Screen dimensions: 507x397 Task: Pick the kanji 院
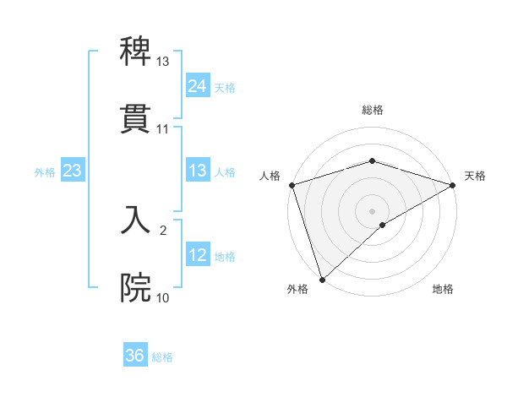(136, 288)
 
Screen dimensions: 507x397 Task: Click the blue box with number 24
(198, 86)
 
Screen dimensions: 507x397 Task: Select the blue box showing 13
(198, 171)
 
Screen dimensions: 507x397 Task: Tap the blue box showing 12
(198, 255)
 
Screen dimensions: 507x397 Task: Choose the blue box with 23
(73, 171)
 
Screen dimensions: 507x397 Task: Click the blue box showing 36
(135, 356)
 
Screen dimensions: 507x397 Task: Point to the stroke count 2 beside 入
(163, 230)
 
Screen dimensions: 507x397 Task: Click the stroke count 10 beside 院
(163, 297)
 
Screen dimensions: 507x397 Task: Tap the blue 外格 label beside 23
(45, 171)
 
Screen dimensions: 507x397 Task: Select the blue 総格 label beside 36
(162, 356)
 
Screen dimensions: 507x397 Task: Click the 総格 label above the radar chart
(372, 110)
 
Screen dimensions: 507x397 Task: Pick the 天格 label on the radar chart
(476, 176)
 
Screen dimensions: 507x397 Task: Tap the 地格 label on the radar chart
(443, 289)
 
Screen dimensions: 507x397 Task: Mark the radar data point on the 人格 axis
(292, 184)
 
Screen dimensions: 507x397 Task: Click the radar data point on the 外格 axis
(322, 279)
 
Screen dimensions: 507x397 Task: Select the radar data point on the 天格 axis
(453, 184)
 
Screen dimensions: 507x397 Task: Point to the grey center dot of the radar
(372, 210)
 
